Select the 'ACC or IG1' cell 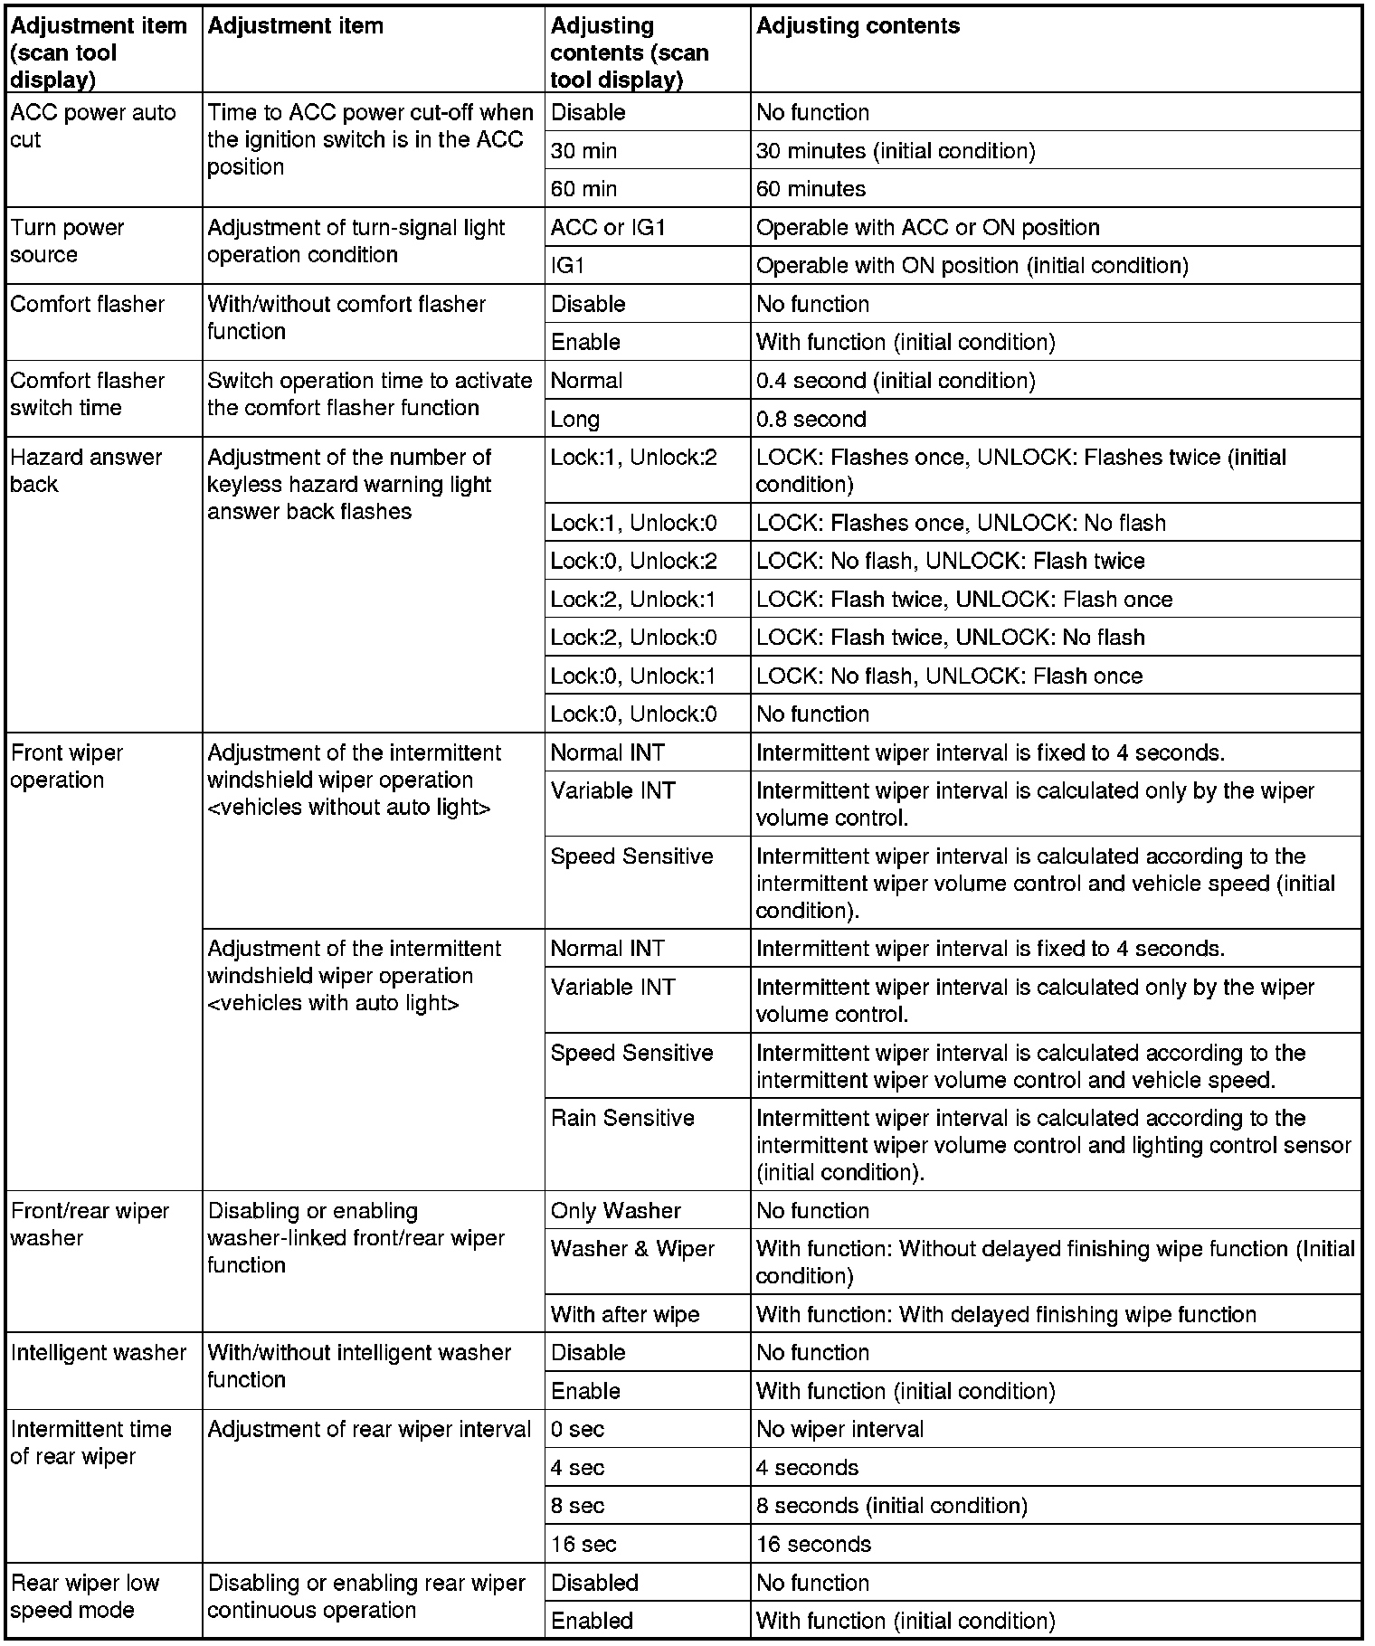coord(608,228)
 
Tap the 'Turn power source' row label coord(67,241)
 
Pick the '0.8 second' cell coord(811,420)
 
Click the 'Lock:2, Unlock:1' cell coord(633,600)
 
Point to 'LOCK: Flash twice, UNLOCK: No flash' coord(950,638)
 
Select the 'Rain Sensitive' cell coord(622,1119)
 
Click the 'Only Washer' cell coord(615,1211)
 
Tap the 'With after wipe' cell coord(624,1315)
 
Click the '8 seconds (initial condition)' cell coord(891,1506)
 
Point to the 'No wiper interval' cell coord(839,1430)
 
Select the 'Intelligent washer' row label coord(98,1353)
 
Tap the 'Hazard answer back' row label coord(85,471)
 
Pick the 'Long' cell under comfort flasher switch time coord(574,420)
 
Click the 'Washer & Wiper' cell coord(632,1249)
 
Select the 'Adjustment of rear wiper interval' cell coord(369,1430)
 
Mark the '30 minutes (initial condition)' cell coord(896,151)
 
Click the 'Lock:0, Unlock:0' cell coord(633,714)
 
